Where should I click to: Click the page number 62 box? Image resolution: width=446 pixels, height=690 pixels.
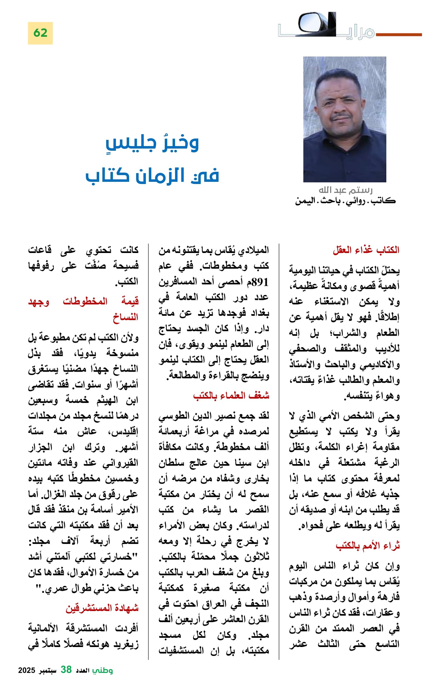pos(40,33)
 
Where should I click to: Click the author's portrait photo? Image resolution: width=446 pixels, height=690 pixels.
pos(345,119)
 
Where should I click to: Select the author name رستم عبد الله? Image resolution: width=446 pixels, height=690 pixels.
pos(345,190)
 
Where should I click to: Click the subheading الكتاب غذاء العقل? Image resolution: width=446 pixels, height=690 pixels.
pos(366,250)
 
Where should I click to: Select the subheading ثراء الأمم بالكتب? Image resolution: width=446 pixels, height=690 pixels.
pos(367,546)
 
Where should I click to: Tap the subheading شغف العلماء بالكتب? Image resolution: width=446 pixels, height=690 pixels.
pos(231,396)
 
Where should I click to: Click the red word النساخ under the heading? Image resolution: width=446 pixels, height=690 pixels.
pos(125,317)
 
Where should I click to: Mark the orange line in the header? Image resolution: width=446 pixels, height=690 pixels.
pos(398,35)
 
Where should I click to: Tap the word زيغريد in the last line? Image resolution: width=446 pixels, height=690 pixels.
pos(126,644)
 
